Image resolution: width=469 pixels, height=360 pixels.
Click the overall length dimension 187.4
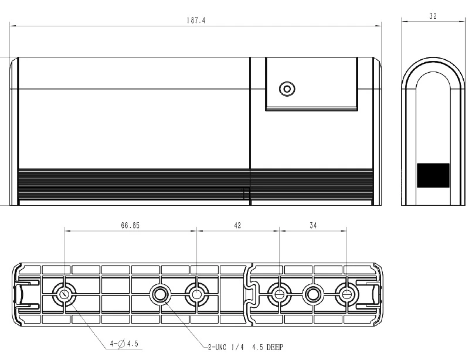tap(196, 20)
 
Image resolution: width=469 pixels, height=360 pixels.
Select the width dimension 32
tap(433, 16)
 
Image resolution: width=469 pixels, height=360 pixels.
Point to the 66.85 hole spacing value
tap(130, 225)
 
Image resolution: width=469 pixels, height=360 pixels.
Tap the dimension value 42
tap(238, 225)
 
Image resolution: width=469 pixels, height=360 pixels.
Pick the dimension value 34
tap(313, 225)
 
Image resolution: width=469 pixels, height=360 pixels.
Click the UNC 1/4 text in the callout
tap(229, 347)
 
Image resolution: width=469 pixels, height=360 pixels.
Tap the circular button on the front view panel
tap(287, 89)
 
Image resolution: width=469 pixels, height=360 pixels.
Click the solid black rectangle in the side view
tap(433, 175)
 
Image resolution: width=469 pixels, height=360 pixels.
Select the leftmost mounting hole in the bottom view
tap(64, 294)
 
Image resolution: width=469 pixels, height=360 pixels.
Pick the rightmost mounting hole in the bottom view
tap(346, 293)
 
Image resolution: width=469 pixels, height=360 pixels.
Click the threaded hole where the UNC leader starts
tap(161, 294)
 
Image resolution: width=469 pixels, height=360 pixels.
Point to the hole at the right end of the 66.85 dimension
tap(196, 294)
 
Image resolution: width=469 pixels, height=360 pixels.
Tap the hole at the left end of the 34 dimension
tap(280, 293)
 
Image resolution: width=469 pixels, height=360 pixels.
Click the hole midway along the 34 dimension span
tap(313, 293)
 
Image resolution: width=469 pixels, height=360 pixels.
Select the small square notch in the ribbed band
tap(246, 193)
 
